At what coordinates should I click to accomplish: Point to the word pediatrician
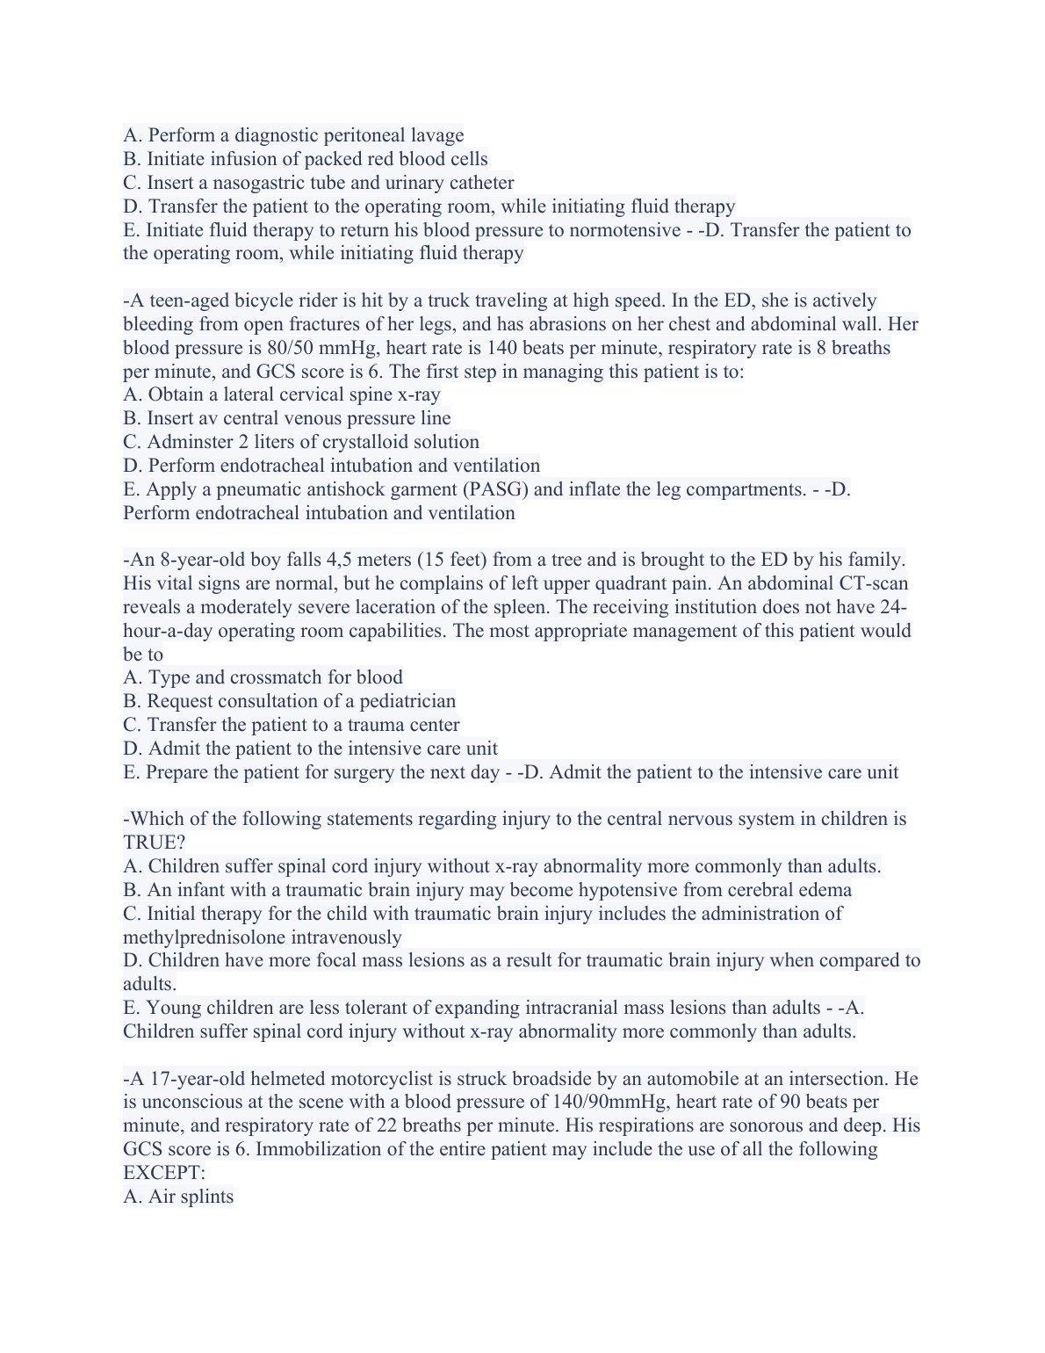pyautogui.click(x=407, y=701)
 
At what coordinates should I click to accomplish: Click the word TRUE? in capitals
pyautogui.click(x=154, y=843)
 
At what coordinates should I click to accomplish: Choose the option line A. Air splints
pyautogui.click(x=178, y=1197)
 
